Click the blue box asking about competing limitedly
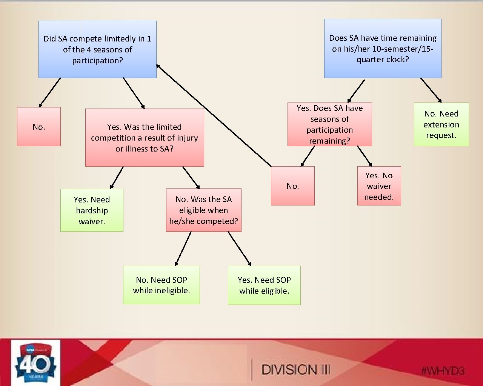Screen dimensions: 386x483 tap(97, 49)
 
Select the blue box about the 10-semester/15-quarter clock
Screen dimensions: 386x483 tap(383, 49)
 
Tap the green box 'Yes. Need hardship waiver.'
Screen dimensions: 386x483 tap(92, 210)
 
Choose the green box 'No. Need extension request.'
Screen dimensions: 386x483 tap(441, 124)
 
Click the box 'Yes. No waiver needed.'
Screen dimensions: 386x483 tap(379, 186)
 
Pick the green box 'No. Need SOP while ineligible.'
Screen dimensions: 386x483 tap(161, 285)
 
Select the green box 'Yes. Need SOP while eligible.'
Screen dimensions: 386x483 tap(264, 285)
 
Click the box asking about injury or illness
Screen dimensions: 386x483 tap(145, 138)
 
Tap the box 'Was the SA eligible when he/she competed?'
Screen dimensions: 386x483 tap(203, 210)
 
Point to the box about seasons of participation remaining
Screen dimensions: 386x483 tap(329, 124)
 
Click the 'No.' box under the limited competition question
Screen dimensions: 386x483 tap(39, 127)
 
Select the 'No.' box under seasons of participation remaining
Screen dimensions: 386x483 tap(292, 186)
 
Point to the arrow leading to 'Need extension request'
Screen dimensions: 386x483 tap(431, 90)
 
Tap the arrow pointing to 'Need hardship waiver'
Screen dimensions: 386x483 tap(117, 178)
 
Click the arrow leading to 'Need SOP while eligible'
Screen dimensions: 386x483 tap(239, 249)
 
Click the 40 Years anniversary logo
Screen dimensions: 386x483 tap(35, 362)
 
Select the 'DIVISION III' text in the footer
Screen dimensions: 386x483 tap(296, 370)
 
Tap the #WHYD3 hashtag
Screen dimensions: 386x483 tap(443, 371)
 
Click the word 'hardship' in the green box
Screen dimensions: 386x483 tap(92, 210)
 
